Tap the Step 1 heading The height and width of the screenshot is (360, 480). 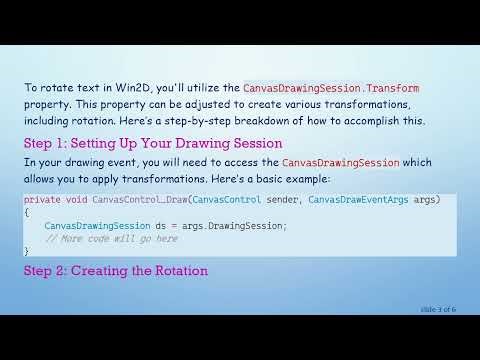coord(153,143)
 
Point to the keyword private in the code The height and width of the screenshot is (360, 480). coord(43,200)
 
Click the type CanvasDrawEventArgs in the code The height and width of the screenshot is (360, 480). coord(358,200)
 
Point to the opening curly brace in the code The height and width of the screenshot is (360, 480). coord(27,213)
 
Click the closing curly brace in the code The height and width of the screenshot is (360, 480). coord(27,251)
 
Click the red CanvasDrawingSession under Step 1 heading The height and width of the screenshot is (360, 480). coord(341,162)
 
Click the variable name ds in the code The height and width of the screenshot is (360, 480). coord(159,225)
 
